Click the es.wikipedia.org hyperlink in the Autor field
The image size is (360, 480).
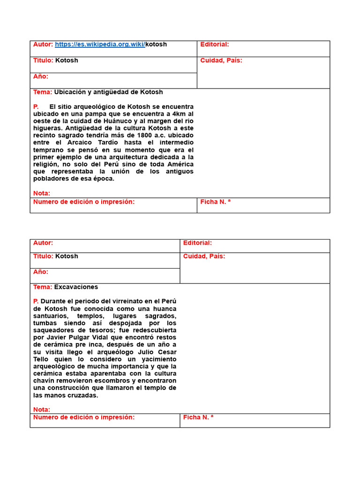(100, 45)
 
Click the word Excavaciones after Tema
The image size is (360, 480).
(76, 287)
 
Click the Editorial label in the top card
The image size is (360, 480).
(214, 45)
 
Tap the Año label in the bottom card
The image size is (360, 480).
(40, 272)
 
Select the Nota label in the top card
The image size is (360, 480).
(41, 193)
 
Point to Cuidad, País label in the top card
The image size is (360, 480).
(221, 60)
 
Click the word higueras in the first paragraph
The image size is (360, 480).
(47, 128)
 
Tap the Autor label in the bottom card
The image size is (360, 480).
(43, 243)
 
